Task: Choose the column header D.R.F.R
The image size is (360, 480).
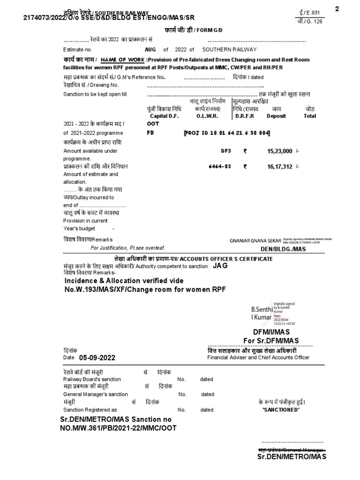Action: pyautogui.click(x=245, y=116)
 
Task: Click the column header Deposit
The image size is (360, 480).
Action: pyautogui.click(x=276, y=116)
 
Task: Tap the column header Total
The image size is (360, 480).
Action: pyautogui.click(x=310, y=116)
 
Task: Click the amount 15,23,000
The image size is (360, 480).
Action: pyautogui.click(x=280, y=151)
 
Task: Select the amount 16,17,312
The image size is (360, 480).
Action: pyautogui.click(x=280, y=166)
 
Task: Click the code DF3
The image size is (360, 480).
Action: pyautogui.click(x=226, y=151)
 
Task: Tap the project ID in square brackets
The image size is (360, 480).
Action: pyautogui.click(x=227, y=133)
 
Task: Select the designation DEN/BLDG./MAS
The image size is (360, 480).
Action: pyautogui.click(x=286, y=249)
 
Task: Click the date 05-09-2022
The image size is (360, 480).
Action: pyautogui.click(x=97, y=357)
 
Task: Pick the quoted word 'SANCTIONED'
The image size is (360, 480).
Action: pyautogui.click(x=281, y=410)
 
